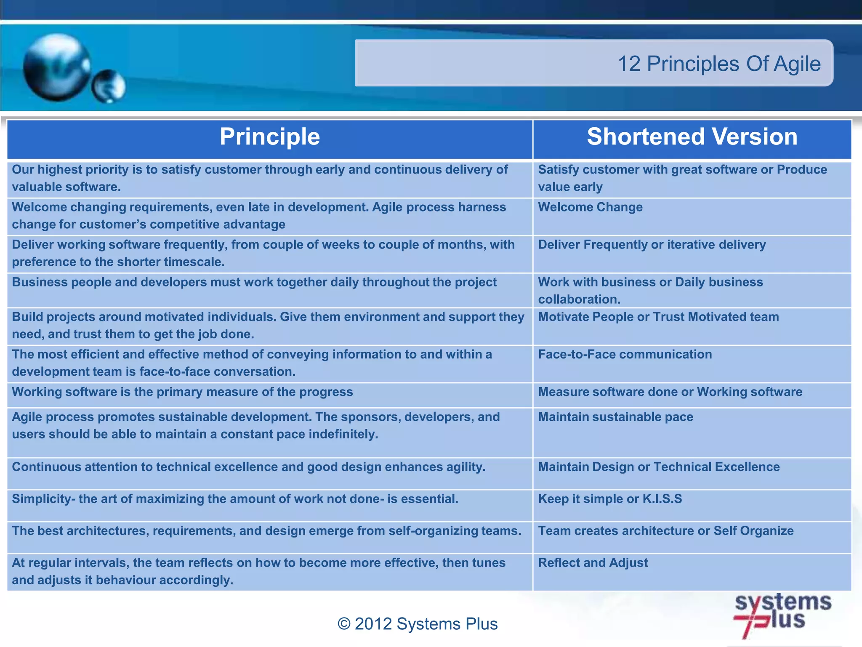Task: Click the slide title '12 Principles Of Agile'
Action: tap(719, 64)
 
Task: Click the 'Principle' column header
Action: tap(270, 137)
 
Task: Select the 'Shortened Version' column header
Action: tap(692, 137)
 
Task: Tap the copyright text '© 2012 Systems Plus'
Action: tap(418, 624)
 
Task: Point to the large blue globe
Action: tap(57, 67)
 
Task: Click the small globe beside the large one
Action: tap(109, 86)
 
